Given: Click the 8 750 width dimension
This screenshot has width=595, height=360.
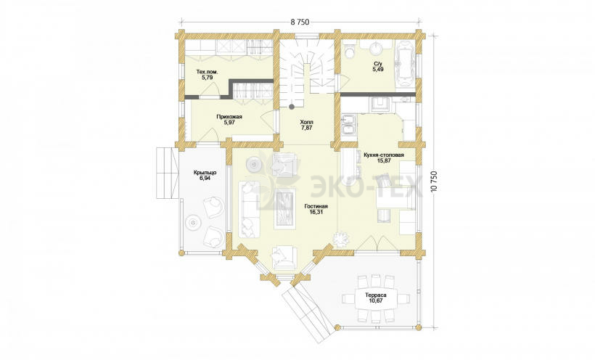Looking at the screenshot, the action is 300,22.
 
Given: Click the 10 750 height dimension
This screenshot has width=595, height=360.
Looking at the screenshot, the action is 435,183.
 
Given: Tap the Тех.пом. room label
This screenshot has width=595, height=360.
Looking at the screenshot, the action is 207,71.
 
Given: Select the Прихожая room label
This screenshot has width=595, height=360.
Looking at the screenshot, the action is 229,117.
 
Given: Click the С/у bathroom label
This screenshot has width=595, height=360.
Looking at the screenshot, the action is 377,64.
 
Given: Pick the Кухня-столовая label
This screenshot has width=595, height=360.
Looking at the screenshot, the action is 384,155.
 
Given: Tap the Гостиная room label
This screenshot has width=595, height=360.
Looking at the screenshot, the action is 316,206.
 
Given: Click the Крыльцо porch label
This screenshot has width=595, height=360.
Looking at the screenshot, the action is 205,173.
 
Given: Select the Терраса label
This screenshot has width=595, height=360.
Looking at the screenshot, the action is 376,295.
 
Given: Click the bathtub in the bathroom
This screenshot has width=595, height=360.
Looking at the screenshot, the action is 404,64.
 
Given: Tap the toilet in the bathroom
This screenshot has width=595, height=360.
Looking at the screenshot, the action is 350,52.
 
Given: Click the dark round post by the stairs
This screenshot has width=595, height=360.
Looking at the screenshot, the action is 292,107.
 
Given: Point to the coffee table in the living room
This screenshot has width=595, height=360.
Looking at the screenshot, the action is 285,208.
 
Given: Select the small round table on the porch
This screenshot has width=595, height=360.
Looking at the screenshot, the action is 193,223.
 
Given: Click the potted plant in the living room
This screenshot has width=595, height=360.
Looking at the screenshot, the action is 340,239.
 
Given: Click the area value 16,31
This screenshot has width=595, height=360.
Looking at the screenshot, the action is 316,212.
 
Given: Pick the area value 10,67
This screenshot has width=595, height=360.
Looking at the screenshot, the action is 376,300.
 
